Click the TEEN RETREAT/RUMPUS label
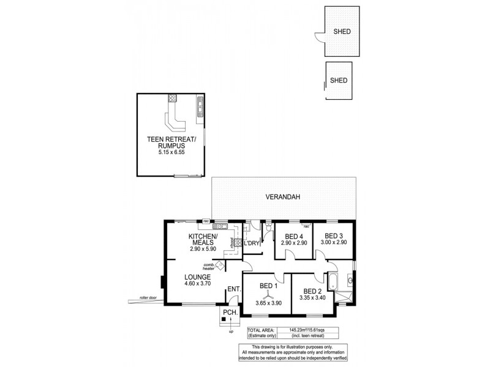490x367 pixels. click(171, 143)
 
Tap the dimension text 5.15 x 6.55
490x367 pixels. click(171, 154)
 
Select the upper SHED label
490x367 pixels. click(342, 32)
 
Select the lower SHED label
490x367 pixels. click(339, 80)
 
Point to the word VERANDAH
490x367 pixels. click(282, 198)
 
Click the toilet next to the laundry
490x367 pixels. click(268, 230)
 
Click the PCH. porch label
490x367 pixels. click(230, 313)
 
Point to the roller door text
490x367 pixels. click(148, 297)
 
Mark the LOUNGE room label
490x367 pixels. click(197, 276)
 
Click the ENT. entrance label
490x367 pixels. click(233, 289)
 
